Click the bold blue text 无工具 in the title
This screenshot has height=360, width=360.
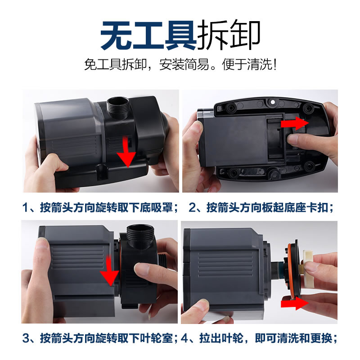[x=148, y=35]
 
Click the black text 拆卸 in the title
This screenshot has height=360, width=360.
[x=228, y=35]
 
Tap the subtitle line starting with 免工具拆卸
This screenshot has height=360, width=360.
[x=180, y=65]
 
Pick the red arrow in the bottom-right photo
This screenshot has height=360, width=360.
[x=295, y=305]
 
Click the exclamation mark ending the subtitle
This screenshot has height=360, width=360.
[x=274, y=65]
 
